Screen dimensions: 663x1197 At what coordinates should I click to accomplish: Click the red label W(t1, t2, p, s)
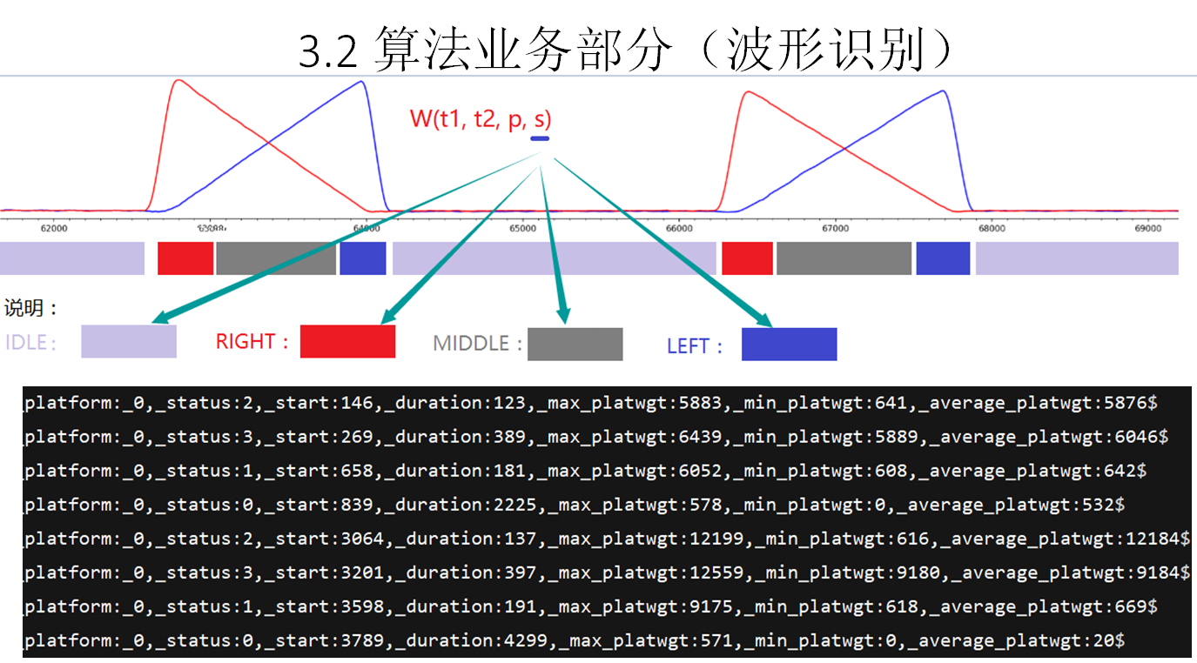tap(481, 119)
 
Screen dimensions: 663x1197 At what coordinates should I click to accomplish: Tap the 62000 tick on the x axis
tap(54, 228)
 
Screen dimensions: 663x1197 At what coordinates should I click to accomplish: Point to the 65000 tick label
tap(522, 228)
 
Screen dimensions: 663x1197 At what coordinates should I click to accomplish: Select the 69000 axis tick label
tap(1148, 228)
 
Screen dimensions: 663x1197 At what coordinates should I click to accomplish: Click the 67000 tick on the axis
tap(835, 228)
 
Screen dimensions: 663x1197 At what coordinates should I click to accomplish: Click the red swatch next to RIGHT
tap(347, 341)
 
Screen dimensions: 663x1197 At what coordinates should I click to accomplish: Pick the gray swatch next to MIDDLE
tap(575, 344)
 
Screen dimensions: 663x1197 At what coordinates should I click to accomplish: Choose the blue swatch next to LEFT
tap(789, 344)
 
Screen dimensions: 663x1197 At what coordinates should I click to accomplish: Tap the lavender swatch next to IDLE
tap(129, 341)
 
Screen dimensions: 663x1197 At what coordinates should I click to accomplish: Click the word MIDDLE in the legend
tap(471, 344)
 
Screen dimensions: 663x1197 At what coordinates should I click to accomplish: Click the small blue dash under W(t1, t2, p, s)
tap(540, 137)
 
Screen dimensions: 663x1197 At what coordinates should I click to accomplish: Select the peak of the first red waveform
tap(179, 81)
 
